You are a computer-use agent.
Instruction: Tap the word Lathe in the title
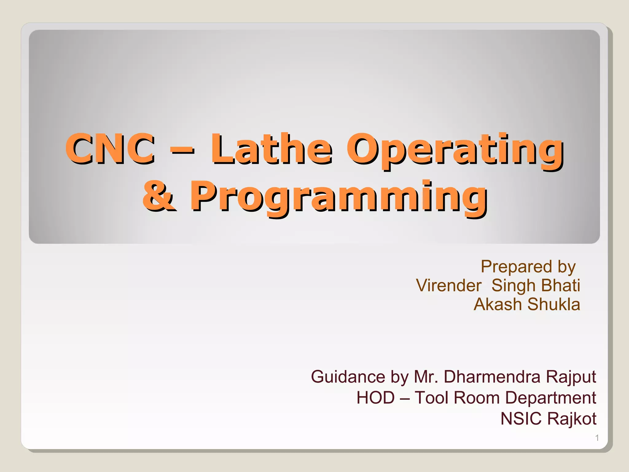coord(272,149)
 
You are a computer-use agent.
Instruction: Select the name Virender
coord(448,285)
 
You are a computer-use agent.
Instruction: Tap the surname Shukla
coord(554,305)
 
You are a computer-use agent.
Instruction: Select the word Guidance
coord(348,377)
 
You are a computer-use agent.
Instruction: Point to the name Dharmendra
coord(492,377)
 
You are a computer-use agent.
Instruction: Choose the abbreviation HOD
coord(375,398)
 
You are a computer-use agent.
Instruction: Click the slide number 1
coord(597,438)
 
